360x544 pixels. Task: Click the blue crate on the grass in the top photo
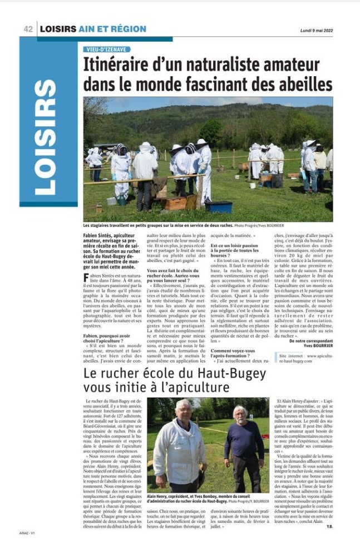coord(218,206)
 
